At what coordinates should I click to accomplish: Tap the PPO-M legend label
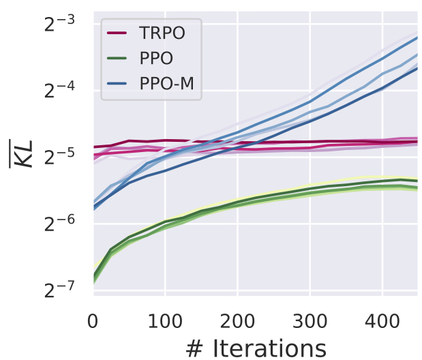pyautogui.click(x=170, y=85)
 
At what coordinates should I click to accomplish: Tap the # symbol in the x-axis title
pyautogui.click(x=194, y=346)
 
